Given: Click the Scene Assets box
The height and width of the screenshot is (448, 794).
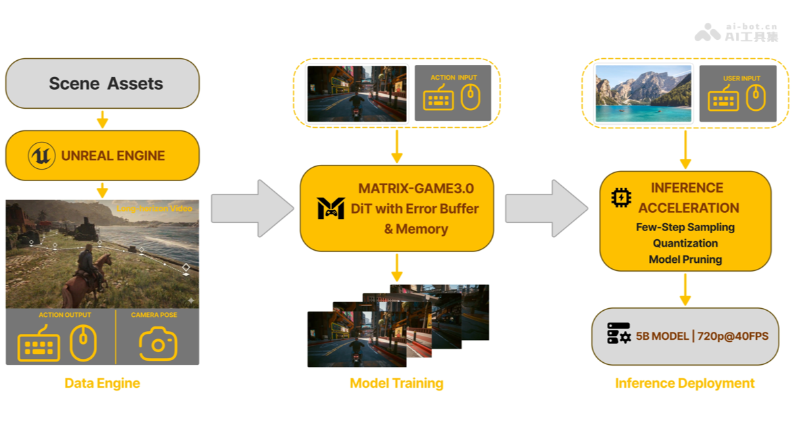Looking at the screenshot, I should coord(103,83).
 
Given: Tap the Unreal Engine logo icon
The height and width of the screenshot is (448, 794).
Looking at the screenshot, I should coord(42,156).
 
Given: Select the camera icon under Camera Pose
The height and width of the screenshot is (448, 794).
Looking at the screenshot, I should coord(157,344).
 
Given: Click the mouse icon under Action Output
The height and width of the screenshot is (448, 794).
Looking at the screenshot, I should coord(84,343).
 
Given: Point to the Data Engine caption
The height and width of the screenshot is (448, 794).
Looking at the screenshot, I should coord(102,383).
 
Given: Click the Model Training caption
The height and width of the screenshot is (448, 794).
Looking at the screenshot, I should coord(396,383).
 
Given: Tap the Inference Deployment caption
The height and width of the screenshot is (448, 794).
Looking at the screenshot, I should coord(685,383).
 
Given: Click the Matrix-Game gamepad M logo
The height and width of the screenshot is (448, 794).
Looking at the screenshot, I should coord(331,209).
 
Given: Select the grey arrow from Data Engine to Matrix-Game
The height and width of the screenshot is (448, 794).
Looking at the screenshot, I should coord(252,208).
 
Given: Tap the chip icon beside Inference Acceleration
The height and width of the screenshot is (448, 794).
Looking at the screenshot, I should coord(620,197).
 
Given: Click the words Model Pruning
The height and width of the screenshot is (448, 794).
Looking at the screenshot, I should coord(685,259).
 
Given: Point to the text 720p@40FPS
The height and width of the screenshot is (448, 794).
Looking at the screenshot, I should coord(732,336).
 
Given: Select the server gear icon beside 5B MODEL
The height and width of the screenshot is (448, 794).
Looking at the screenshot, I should coord(618,334).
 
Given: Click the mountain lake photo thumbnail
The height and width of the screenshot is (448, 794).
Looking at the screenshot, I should coord(643,93).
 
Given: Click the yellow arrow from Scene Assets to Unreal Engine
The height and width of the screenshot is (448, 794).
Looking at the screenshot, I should coord(103,120).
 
